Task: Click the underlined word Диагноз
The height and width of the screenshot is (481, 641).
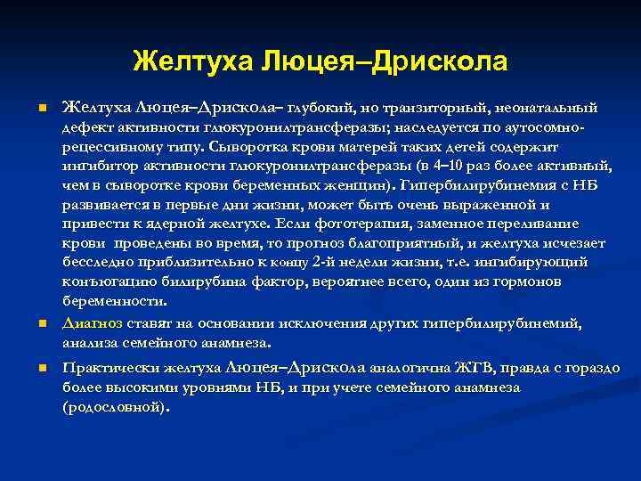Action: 93,322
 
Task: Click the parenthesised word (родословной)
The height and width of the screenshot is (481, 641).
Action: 116,406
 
